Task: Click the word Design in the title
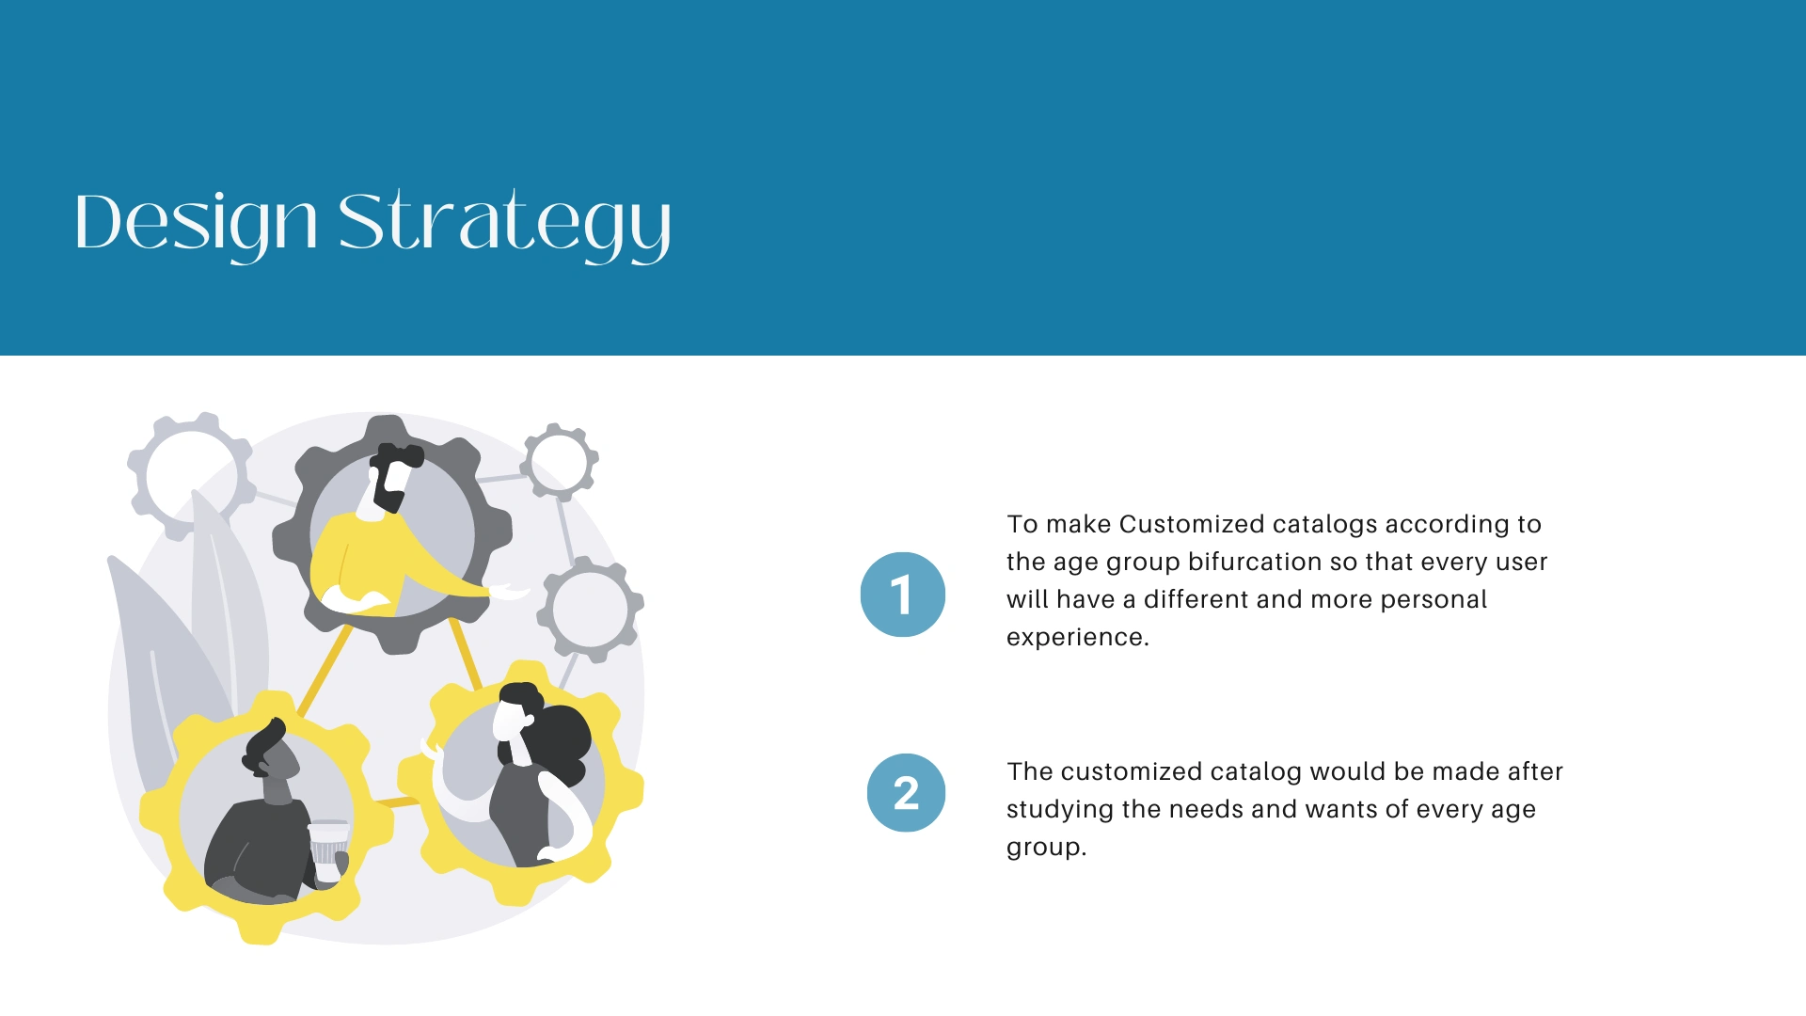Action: click(197, 224)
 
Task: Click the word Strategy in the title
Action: click(505, 224)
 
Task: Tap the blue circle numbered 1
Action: click(903, 595)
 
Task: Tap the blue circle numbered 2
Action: click(906, 792)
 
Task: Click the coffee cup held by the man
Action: click(328, 851)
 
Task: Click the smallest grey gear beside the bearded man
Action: click(560, 462)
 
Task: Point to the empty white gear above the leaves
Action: click(192, 474)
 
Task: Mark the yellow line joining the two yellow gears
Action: click(398, 802)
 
